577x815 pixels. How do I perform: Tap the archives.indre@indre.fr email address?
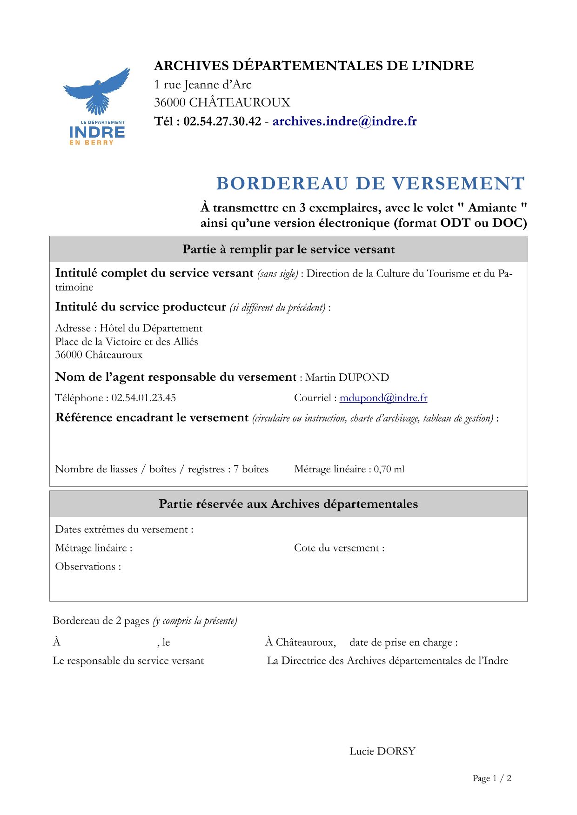pyautogui.click(x=344, y=121)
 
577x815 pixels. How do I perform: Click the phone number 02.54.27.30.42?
pyautogui.click(x=222, y=121)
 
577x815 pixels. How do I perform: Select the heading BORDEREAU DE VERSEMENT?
pyautogui.click(x=370, y=184)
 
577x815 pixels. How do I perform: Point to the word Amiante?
pyautogui.click(x=492, y=208)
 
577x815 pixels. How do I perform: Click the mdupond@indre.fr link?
pyautogui.click(x=383, y=398)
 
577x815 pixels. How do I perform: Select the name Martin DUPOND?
pyautogui.click(x=347, y=378)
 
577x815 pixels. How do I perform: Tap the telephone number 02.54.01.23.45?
pyautogui.click(x=143, y=398)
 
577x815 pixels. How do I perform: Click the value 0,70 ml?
pyautogui.click(x=389, y=470)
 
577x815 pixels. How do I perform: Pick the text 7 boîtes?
pyautogui.click(x=251, y=469)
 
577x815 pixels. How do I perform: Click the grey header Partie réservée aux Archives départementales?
pyautogui.click(x=288, y=504)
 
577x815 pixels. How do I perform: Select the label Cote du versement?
pyautogui.click(x=339, y=548)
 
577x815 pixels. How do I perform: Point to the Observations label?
pyautogui.click(x=87, y=567)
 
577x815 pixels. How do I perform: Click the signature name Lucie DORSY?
pyautogui.click(x=382, y=751)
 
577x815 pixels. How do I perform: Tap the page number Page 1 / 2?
pyautogui.click(x=492, y=778)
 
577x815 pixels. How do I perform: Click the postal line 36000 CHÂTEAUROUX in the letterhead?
pyautogui.click(x=222, y=103)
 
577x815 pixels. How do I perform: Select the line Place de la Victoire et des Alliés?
pyautogui.click(x=127, y=342)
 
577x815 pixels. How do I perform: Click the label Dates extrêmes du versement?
pyautogui.click(x=123, y=530)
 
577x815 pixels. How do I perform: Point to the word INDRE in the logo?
pyautogui.click(x=97, y=133)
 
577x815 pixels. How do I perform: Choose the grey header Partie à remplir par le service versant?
pyautogui.click(x=288, y=250)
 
